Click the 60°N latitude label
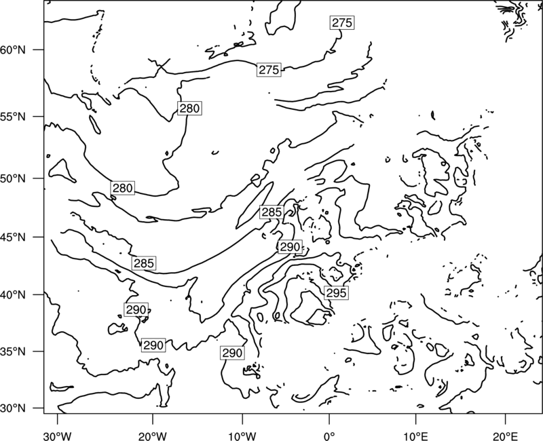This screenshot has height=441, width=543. (x=13, y=50)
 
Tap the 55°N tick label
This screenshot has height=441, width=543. (x=13, y=117)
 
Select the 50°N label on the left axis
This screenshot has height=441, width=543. (x=13, y=178)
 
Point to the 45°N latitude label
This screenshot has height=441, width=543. (x=13, y=237)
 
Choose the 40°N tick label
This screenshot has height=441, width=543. (x=13, y=294)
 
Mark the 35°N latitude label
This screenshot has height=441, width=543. (x=13, y=351)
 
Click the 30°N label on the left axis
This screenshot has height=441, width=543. (x=13, y=408)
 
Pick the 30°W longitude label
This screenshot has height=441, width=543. (x=58, y=436)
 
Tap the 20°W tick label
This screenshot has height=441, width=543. (x=152, y=436)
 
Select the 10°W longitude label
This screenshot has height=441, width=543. (x=242, y=436)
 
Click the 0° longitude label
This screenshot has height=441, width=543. (x=329, y=436)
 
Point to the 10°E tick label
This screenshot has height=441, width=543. (x=415, y=436)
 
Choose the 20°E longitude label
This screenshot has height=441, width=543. (x=505, y=436)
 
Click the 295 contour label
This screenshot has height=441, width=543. (x=336, y=293)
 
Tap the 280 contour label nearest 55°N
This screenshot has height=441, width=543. (x=189, y=109)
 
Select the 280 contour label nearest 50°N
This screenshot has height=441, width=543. (x=123, y=188)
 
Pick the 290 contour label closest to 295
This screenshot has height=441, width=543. (x=290, y=247)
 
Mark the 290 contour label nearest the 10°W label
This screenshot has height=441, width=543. (x=232, y=353)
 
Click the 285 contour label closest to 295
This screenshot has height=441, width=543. (x=272, y=212)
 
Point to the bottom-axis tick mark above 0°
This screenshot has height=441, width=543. (x=329, y=417)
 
